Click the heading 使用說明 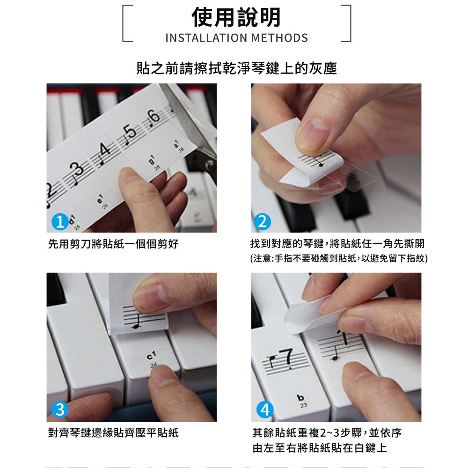[236, 17]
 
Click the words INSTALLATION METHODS [236, 38]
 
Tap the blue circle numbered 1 [60, 222]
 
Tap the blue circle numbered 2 [263, 222]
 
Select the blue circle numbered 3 [60, 409]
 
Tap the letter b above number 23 [300, 397]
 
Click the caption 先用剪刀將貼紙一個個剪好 [113, 244]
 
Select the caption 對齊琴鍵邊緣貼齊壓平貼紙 [113, 432]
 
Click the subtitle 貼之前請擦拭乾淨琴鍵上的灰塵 [236, 68]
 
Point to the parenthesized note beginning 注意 [339, 258]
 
